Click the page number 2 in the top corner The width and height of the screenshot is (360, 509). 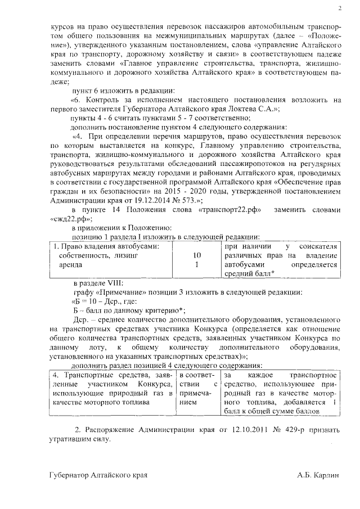[340, 8]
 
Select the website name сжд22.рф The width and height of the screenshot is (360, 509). [71, 218]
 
